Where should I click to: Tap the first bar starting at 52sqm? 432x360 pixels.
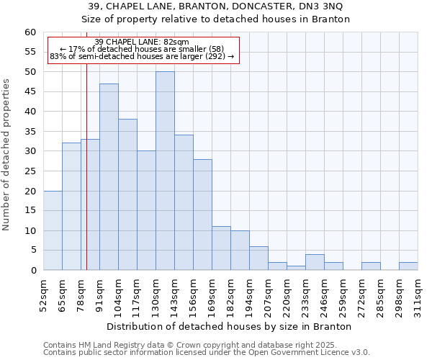click(x=53, y=230)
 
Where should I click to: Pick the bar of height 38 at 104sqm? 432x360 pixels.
click(x=127, y=194)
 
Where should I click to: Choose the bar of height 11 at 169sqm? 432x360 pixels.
click(x=221, y=248)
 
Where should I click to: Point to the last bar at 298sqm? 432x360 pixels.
click(x=408, y=266)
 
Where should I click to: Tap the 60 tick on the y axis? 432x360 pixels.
click(x=30, y=32)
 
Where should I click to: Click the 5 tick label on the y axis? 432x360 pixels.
click(x=32, y=251)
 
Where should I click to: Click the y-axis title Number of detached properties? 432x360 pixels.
click(x=7, y=155)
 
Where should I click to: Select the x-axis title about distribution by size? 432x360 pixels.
click(x=229, y=326)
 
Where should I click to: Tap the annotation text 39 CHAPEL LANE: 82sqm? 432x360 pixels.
click(x=142, y=42)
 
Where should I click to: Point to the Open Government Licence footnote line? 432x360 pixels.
click(x=206, y=353)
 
